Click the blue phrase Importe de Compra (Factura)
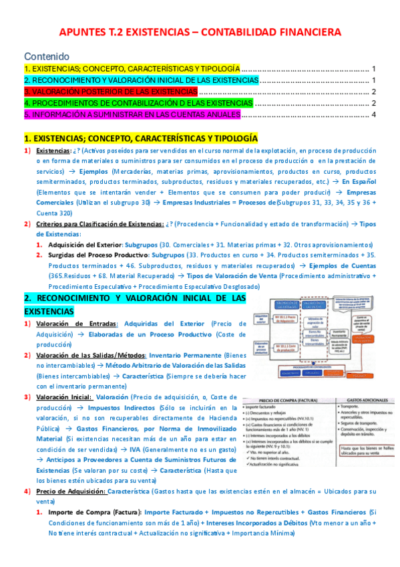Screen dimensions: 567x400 click(92, 512)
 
